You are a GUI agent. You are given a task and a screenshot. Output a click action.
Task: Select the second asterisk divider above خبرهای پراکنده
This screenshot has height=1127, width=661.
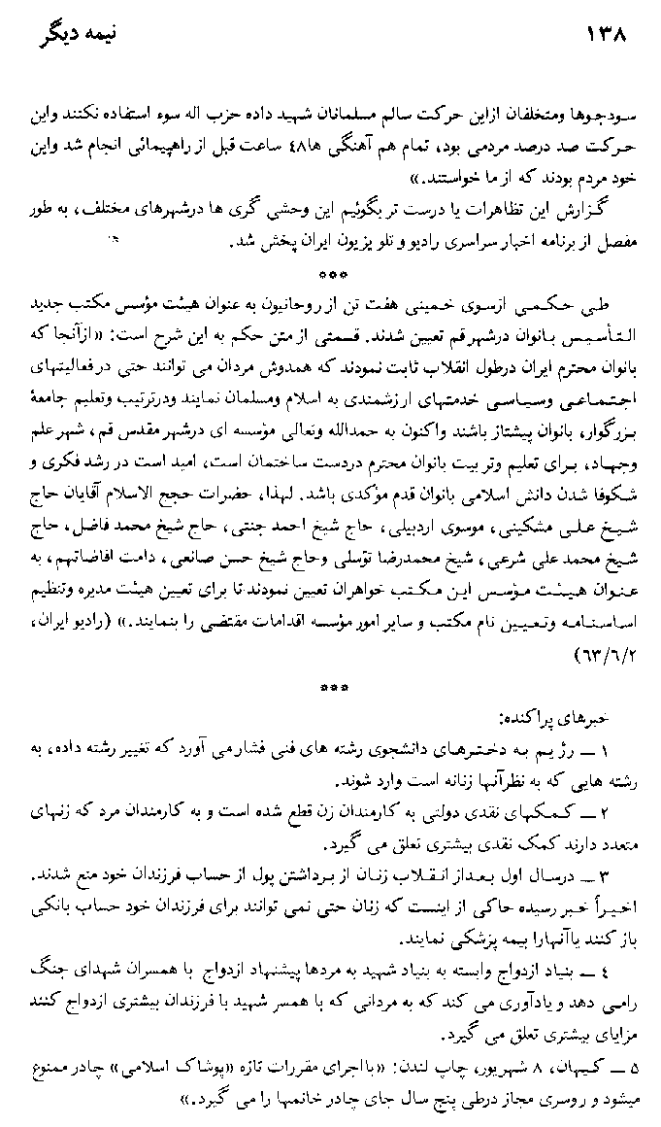[333, 690]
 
